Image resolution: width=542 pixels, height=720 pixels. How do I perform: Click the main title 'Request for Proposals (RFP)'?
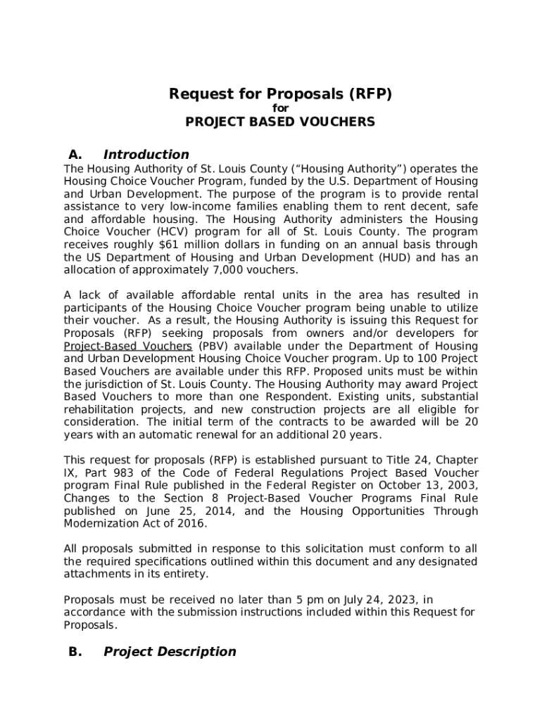tap(280, 94)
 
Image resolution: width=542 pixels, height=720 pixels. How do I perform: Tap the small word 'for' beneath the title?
tap(280, 108)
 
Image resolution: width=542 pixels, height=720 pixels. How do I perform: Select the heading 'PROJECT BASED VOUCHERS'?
tap(280, 122)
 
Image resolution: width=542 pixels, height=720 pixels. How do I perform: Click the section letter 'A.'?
tap(76, 155)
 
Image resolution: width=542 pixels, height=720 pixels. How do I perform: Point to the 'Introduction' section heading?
tap(146, 155)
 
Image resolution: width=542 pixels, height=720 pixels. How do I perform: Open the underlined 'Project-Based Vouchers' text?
tap(127, 346)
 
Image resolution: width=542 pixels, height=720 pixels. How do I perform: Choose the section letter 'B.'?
tap(76, 652)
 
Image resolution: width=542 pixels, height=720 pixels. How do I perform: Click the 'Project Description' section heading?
tap(170, 652)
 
